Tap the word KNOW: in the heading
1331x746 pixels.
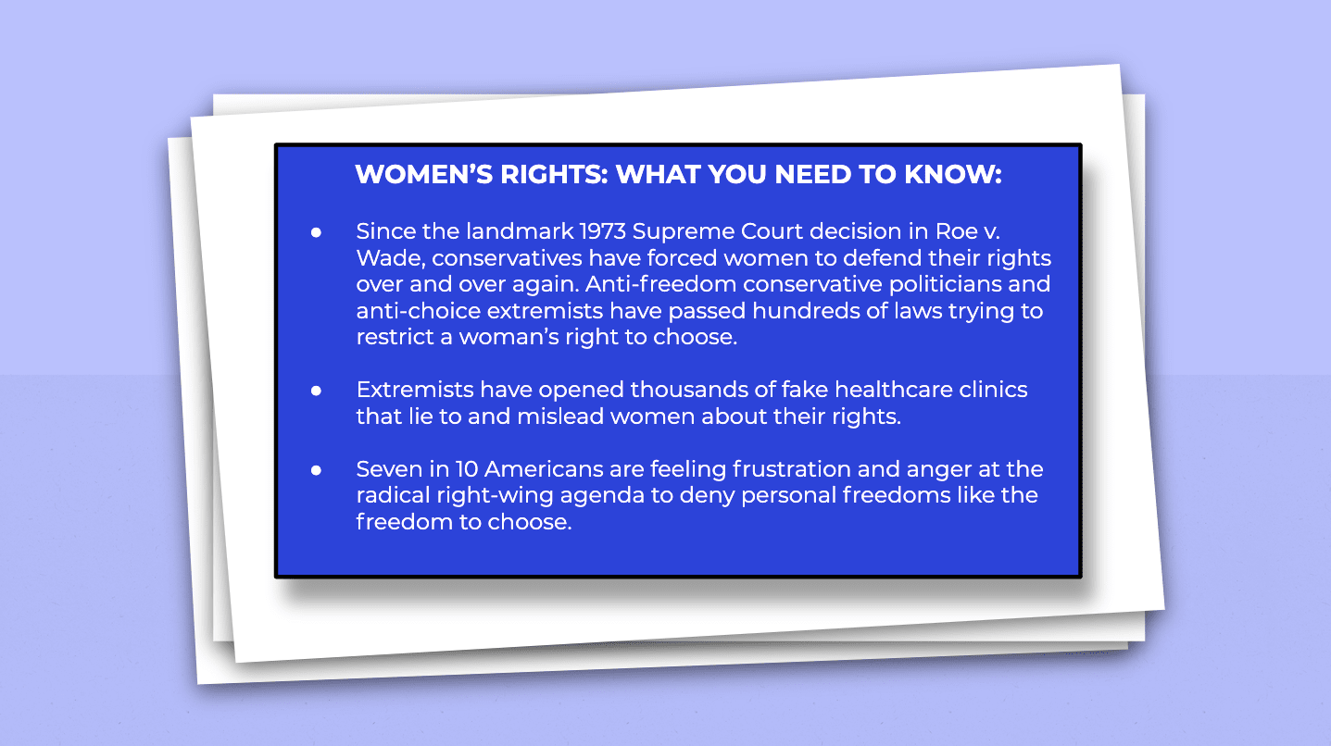pyautogui.click(x=953, y=174)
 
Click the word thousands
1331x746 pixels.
pyautogui.click(x=689, y=390)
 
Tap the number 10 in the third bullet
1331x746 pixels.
pyautogui.click(x=467, y=469)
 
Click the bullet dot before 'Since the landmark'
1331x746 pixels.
pyautogui.click(x=316, y=232)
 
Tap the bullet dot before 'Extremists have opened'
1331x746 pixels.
pyautogui.click(x=316, y=391)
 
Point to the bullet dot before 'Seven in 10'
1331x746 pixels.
pyautogui.click(x=316, y=470)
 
